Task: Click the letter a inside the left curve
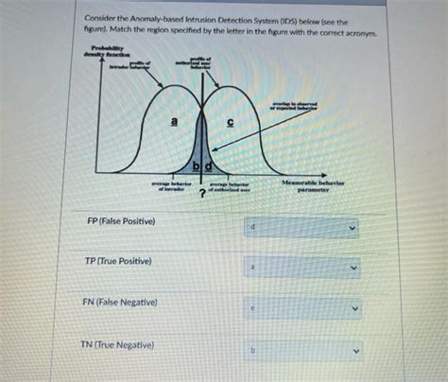173,121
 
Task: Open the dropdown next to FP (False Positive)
302,228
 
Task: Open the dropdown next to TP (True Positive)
302,269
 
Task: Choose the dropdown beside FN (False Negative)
302,308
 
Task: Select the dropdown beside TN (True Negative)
302,349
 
